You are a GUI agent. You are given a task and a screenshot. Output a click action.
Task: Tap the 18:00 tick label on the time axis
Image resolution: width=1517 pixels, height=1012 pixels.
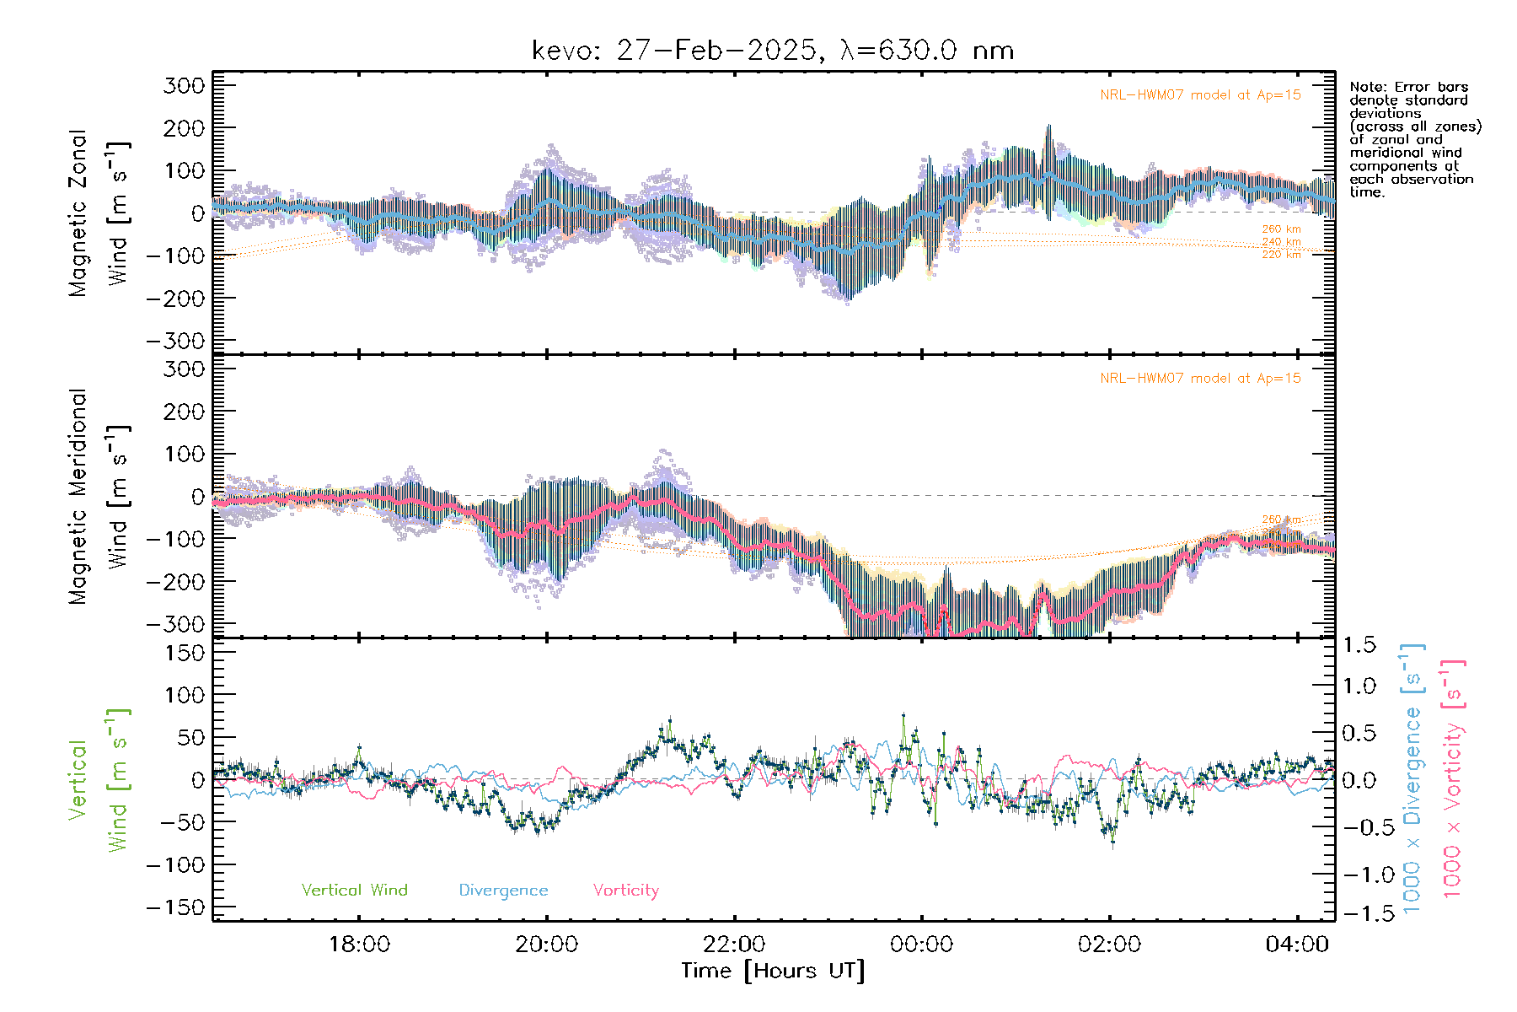[x=359, y=945]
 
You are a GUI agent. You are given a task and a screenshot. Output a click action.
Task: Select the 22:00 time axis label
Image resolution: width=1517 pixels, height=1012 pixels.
[x=734, y=945]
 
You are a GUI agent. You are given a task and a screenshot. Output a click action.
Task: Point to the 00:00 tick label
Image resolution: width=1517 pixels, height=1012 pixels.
[x=922, y=945]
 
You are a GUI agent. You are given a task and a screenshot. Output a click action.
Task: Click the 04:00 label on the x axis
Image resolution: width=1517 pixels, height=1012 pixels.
[x=1297, y=945]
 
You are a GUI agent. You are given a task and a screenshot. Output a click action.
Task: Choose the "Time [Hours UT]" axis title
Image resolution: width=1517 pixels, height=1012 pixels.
[x=773, y=972]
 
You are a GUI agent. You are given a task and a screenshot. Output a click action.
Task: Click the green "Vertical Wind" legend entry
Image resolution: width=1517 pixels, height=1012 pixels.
[x=354, y=891]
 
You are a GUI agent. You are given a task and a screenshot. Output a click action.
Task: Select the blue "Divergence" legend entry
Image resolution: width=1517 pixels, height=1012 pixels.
[x=503, y=891]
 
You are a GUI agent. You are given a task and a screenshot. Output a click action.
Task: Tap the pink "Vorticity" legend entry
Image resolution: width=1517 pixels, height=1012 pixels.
[x=625, y=891]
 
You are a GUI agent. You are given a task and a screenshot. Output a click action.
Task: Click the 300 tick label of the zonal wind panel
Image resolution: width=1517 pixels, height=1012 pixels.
[x=184, y=85]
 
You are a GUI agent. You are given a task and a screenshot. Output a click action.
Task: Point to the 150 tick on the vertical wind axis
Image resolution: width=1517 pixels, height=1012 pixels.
[x=184, y=653]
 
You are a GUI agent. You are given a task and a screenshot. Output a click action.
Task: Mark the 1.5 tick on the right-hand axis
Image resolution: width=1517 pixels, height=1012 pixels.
[x=1359, y=645]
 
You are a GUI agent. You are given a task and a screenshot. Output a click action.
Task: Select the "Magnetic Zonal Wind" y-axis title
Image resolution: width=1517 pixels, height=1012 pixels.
[x=99, y=213]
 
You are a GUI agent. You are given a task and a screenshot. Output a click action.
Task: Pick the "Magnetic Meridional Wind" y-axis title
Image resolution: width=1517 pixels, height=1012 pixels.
[x=99, y=496]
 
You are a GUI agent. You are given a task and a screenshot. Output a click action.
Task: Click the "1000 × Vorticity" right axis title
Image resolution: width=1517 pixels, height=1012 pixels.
[x=1453, y=778]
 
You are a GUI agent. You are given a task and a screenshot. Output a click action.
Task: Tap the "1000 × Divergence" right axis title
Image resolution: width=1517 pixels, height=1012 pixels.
[x=1412, y=778]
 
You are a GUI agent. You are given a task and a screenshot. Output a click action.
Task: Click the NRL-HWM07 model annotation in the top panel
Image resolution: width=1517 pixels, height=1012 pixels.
[x=1200, y=95]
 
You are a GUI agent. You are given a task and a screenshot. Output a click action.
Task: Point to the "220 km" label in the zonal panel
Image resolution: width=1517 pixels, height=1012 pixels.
[x=1281, y=255]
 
